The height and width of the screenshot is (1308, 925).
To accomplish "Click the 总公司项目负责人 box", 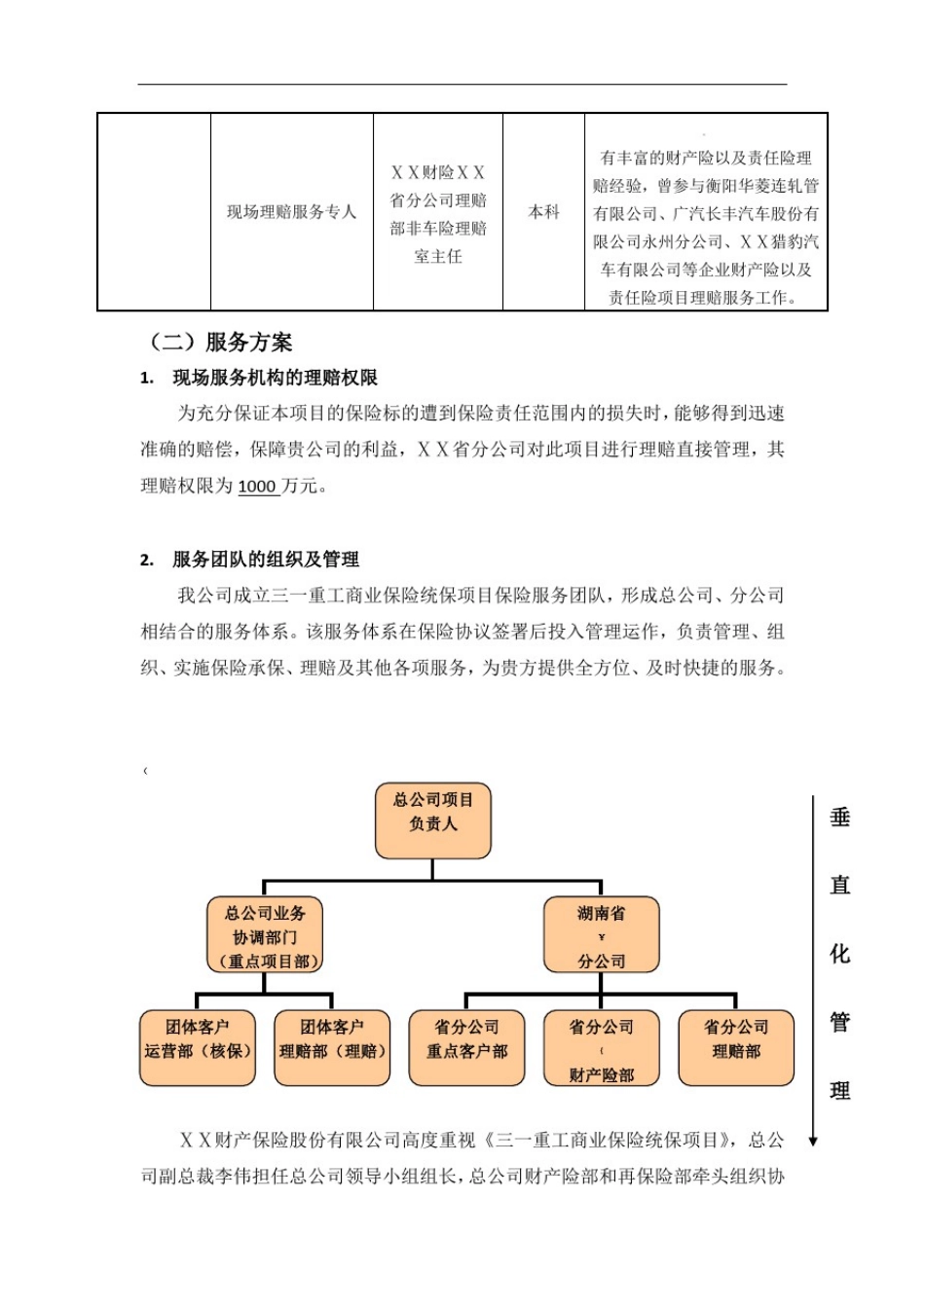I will pos(432,821).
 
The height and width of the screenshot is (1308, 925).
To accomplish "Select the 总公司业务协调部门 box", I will pos(264,936).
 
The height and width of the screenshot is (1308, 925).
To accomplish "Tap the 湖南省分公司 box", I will pos(601,936).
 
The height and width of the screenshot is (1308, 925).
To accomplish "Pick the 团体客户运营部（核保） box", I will pos(198,1048).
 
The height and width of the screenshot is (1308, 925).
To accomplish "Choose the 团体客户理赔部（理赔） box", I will pos(332,1048).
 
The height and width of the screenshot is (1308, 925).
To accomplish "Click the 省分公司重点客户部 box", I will pos(466,1048).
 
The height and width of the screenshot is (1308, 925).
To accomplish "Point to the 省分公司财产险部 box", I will pos(601,1048).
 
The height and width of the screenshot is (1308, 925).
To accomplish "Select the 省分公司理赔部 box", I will pos(736,1048).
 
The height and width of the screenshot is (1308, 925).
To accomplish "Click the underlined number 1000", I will pos(257,487).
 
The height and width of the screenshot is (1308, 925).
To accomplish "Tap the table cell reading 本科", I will pos(543,212).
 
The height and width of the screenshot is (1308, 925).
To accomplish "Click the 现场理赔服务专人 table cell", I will pos(291,212).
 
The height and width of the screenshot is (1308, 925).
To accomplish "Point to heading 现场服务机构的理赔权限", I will pos(275,379).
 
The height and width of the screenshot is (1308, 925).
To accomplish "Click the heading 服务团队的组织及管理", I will pos(265,560).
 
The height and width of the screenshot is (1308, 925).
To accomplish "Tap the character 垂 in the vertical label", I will pos(840,817).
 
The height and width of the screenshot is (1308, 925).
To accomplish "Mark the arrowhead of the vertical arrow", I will pos(813,1141).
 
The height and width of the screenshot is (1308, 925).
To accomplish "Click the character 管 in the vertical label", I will pos(840,1022).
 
